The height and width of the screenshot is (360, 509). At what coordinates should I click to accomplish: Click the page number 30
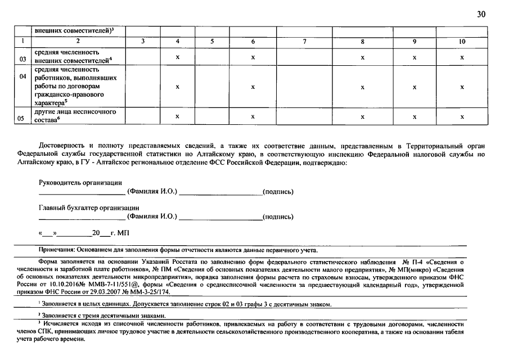pos(481,14)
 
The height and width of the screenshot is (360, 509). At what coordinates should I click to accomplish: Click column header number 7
pos(304,41)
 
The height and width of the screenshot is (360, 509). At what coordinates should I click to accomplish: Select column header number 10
pos(462,41)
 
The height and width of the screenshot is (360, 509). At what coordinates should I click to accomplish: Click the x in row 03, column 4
pos(178,57)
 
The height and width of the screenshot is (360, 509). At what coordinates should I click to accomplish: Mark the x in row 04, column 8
pos(363,87)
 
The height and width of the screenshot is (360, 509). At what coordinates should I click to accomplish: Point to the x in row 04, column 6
pos(253,87)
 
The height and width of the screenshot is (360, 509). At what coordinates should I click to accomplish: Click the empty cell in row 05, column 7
pos(304,116)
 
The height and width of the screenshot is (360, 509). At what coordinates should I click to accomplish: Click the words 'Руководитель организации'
pos(80,182)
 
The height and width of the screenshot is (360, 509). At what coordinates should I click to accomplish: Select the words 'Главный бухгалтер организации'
pos(89,208)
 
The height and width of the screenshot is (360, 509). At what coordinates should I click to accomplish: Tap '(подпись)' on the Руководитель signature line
pos(278,192)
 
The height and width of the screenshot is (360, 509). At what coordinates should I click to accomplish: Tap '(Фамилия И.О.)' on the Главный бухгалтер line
pos(152,217)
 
